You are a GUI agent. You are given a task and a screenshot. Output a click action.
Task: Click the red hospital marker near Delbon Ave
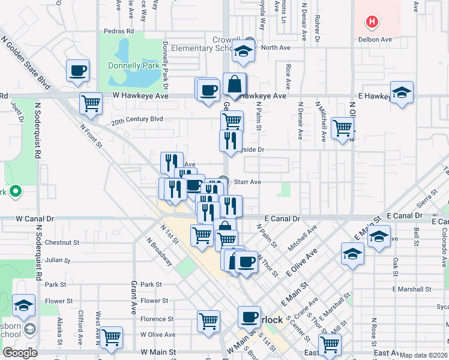372,23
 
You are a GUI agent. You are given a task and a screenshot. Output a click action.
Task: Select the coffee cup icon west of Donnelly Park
78,71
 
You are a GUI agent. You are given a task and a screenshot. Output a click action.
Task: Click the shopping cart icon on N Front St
91,103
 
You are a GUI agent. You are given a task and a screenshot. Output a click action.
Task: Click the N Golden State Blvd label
25,56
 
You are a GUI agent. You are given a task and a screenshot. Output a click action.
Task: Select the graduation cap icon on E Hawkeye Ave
402,92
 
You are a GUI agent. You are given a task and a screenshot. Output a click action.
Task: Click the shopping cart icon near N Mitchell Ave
342,127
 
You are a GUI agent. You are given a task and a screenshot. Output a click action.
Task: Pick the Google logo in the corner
20,352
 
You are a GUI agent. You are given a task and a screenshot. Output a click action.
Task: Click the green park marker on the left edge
16,193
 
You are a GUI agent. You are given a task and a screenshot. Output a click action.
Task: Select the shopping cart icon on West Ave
111,337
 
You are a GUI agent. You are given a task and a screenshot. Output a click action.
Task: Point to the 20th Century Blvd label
137,119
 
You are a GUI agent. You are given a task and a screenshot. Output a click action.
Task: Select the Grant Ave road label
134,301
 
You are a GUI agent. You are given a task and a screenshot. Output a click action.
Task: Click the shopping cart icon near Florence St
208,319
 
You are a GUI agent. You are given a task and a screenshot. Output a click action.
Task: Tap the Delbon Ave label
376,40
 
